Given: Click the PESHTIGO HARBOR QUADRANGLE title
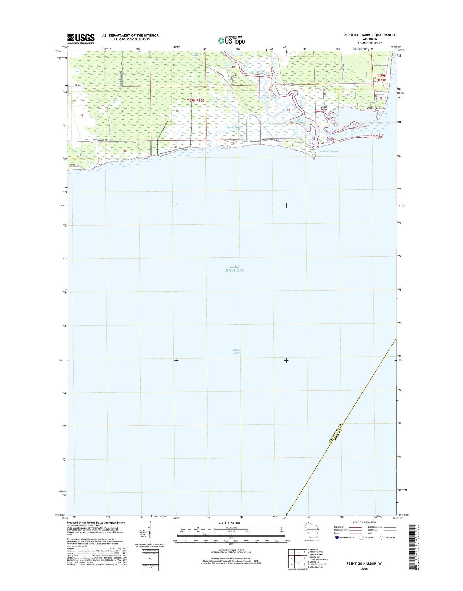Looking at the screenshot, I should [370, 35].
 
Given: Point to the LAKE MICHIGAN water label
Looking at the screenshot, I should [235, 268].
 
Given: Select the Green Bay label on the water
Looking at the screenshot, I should [236, 351].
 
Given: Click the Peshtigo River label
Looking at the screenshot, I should [260, 72].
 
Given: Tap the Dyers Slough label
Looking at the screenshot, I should [235, 127].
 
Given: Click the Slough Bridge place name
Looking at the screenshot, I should [324, 108].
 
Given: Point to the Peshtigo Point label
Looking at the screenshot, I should [375, 108].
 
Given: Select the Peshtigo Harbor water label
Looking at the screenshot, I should [328, 151].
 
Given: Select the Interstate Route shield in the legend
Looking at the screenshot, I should [337, 538].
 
